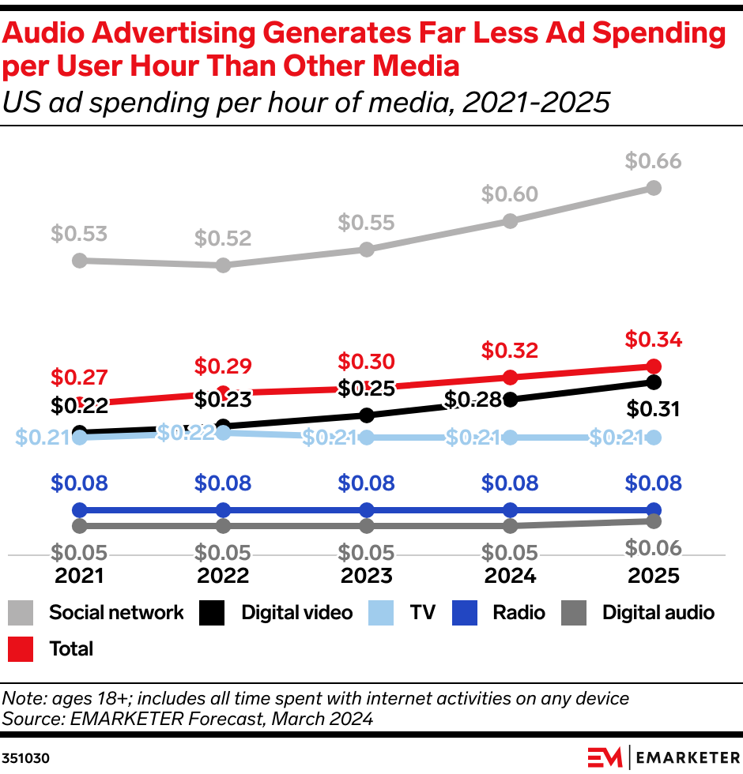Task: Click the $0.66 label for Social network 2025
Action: coord(653,161)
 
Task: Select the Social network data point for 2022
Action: coord(223,265)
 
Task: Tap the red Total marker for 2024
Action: coord(510,377)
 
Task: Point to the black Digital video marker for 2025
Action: coord(654,382)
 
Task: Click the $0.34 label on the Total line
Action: coord(653,340)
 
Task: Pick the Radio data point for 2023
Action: coord(366,510)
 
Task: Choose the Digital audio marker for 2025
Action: coord(654,521)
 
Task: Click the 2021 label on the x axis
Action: coord(79,576)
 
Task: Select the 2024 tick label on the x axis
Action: coord(510,576)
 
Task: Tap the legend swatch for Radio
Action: coord(466,613)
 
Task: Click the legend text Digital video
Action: coord(296,613)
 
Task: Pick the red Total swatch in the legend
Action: coord(21,649)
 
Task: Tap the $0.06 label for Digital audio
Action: coord(653,547)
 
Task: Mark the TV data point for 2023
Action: coord(366,438)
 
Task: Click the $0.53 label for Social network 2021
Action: coord(79,234)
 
